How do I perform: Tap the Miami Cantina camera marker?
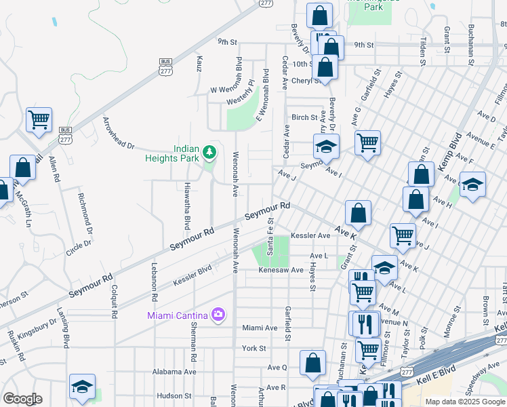coord(218,313)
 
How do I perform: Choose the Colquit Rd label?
coord(114,299)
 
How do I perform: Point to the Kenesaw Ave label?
coord(280,270)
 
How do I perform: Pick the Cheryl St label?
coord(305,80)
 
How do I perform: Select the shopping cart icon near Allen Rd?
coord(39,119)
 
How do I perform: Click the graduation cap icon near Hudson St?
coord(82,387)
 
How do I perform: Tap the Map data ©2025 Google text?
coord(465,402)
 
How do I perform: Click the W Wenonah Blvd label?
coord(232,90)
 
